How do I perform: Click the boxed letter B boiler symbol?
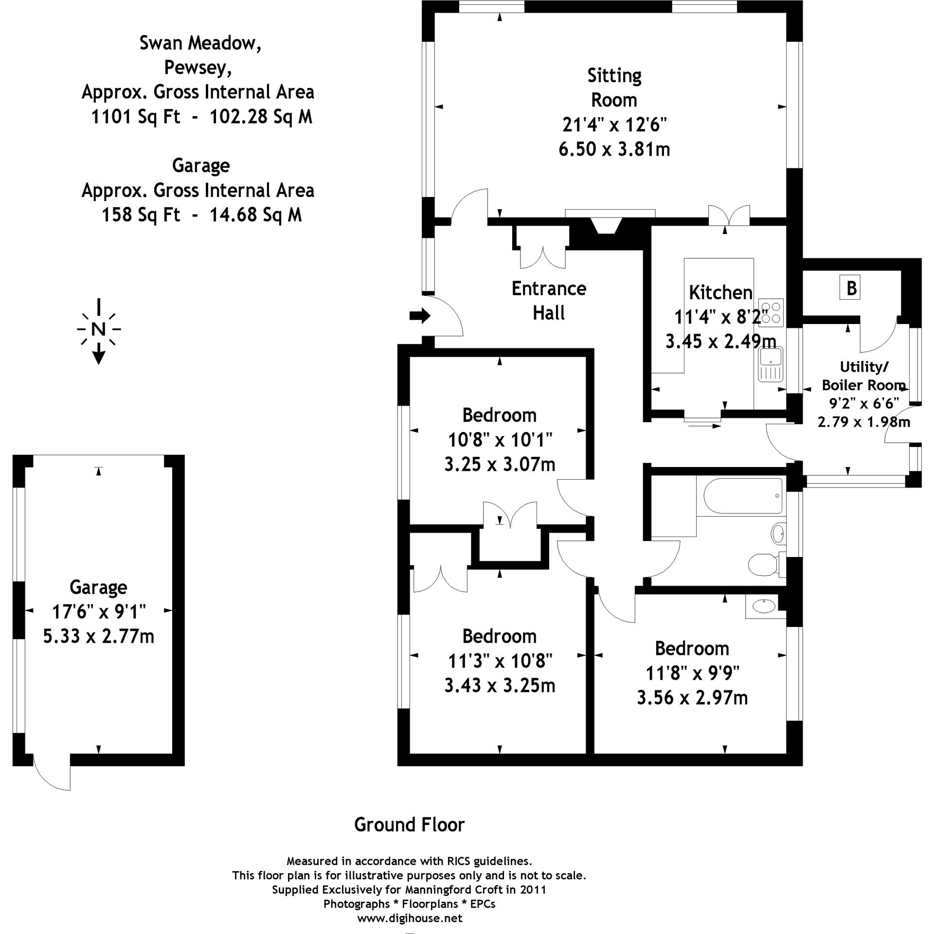[x=850, y=287]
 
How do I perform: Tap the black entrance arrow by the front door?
[x=420, y=316]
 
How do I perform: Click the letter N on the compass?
[x=98, y=329]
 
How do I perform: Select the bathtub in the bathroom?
[x=741, y=495]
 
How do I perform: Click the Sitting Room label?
[x=614, y=88]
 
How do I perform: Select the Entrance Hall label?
[x=549, y=300]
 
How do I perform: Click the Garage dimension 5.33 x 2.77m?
[x=99, y=636]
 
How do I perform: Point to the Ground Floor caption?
[x=409, y=825]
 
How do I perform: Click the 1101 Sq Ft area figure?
[x=136, y=117]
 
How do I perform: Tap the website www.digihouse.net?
[x=410, y=918]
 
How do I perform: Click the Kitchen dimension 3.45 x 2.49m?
[x=720, y=341]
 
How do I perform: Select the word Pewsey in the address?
[x=198, y=67]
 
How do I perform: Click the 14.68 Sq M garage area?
[x=255, y=215]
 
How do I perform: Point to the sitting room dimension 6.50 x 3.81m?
[x=614, y=149]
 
